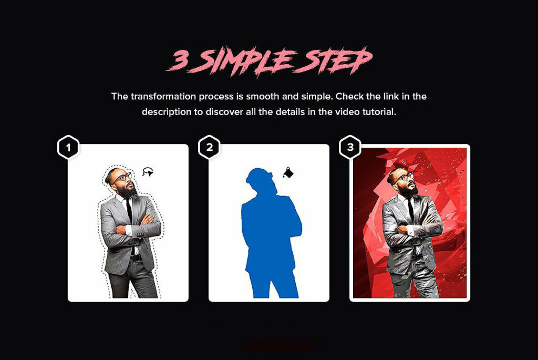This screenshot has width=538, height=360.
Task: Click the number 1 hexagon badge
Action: tap(68, 148)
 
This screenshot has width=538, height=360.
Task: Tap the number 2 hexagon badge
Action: tap(209, 148)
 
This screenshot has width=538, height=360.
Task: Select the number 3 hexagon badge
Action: tap(350, 148)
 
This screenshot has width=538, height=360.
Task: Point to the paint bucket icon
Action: tap(288, 172)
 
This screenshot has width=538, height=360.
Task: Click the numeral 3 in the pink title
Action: tap(180, 61)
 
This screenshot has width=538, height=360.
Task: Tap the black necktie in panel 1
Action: tap(129, 209)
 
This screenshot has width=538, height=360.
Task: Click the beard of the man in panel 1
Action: tap(129, 191)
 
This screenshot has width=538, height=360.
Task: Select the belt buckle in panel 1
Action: tap(132, 258)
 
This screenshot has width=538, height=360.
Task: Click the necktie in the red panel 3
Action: tap(411, 209)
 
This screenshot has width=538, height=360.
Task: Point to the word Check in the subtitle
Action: tap(349, 96)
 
